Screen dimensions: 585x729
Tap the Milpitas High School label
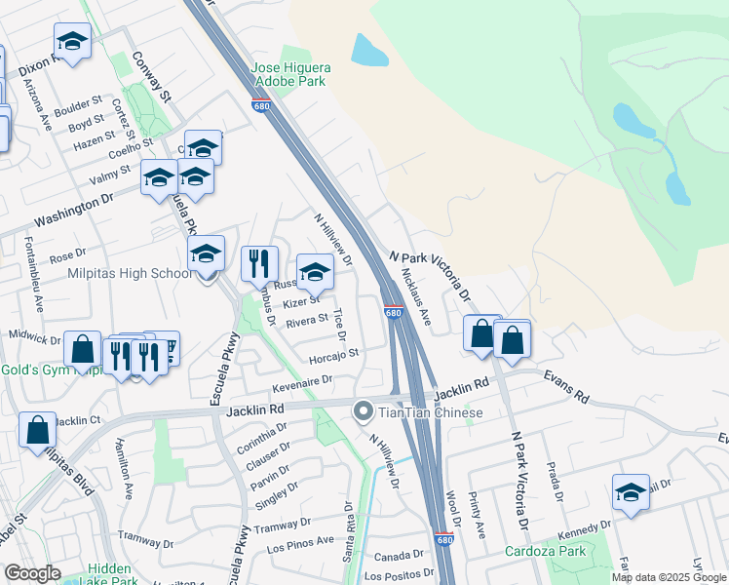130,274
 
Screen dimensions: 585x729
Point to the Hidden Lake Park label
107,575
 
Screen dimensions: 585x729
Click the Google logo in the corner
32,573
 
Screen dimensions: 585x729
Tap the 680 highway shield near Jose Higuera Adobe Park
260,107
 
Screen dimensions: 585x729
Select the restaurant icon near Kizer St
259,263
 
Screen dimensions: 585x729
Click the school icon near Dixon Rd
72,42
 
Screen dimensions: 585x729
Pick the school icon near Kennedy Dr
631,492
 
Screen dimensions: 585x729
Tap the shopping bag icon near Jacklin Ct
37,430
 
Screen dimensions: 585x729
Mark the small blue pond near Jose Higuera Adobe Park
367,49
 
